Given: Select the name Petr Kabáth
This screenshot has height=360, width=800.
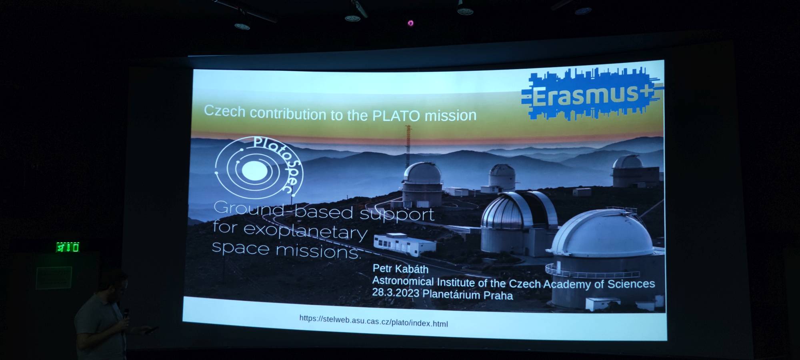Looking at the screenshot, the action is pos(400,269).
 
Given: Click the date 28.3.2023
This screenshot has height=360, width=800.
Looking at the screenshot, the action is pos(396,293).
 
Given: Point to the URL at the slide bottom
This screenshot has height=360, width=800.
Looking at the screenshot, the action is pos(374,321).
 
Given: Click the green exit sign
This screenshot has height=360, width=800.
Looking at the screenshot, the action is pos(68,247).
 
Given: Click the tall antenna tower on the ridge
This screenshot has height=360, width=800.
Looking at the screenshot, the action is pos(408,146).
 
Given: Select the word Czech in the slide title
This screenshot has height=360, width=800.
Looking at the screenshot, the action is pos(224,111).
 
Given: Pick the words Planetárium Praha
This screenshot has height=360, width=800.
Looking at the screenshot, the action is pos(468,295).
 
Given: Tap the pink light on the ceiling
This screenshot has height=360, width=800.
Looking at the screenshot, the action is pos(410,23).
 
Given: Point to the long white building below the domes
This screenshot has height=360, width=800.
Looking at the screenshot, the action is pos(404,244).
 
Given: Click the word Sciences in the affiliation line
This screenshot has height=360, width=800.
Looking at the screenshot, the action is pos(631,284).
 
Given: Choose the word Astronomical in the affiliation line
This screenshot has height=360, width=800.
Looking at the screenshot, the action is pos(403,281).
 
